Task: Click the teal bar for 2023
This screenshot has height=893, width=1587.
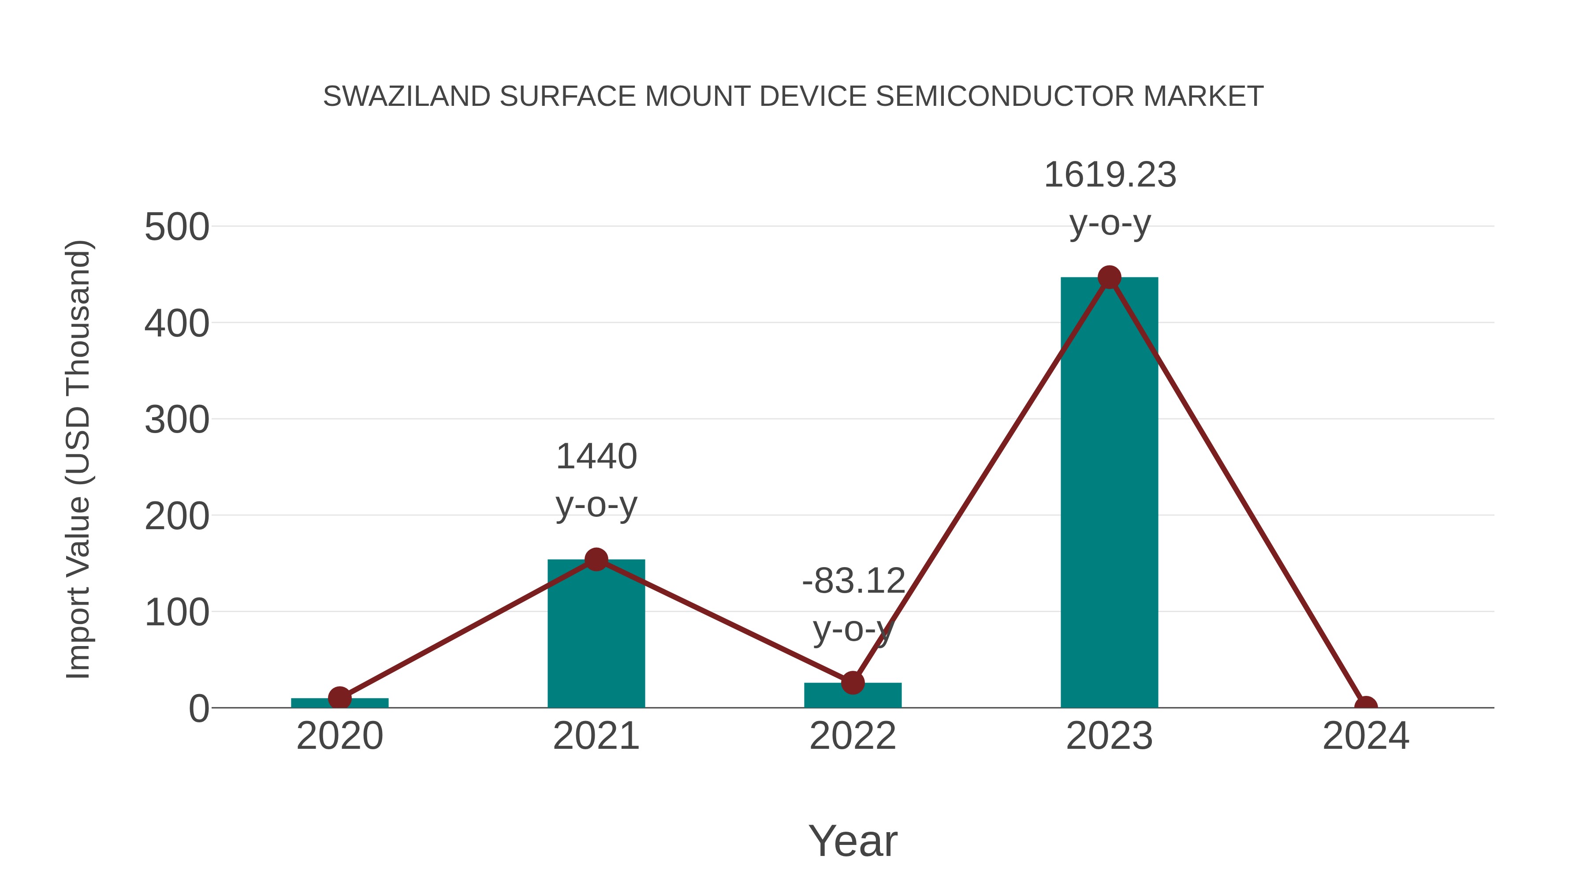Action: (1109, 493)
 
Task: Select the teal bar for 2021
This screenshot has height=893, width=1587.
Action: (596, 635)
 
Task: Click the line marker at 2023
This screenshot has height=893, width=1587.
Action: (1109, 277)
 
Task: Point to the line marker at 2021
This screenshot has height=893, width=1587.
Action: (596, 560)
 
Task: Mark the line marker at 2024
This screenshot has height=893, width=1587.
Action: (1366, 706)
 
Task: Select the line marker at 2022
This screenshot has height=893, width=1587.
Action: (853, 682)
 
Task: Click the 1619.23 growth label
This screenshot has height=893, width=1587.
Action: (1110, 176)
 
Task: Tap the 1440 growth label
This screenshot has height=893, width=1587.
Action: (596, 457)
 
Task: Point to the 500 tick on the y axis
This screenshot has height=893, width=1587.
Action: (177, 228)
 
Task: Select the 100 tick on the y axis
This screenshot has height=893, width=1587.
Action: (177, 613)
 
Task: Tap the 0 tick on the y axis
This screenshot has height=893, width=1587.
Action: (198, 709)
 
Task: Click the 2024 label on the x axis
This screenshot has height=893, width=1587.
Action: (1365, 736)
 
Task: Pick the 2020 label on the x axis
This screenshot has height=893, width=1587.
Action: (339, 736)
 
